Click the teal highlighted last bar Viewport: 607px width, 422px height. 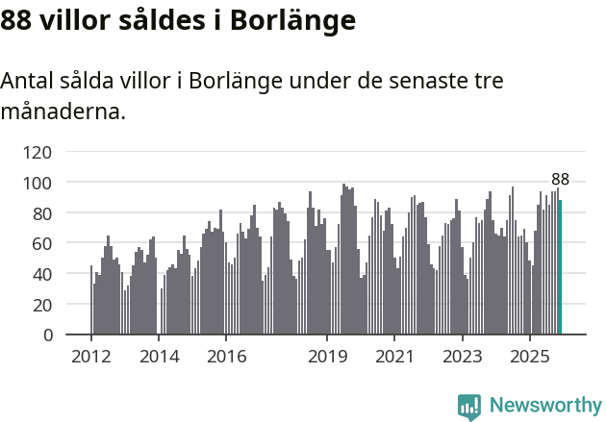[x=560, y=267]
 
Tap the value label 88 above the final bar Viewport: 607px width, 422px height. [x=560, y=180]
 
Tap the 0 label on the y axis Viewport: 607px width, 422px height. [x=47, y=335]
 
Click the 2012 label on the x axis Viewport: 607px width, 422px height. [x=91, y=357]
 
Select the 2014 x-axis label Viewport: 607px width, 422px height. [x=159, y=357]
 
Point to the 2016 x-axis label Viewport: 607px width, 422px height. [x=226, y=357]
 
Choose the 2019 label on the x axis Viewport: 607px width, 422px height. [x=327, y=357]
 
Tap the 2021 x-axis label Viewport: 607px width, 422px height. [x=394, y=357]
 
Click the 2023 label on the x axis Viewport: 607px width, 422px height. [x=462, y=357]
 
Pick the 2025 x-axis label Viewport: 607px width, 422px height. [x=529, y=357]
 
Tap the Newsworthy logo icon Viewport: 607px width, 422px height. [x=469, y=407]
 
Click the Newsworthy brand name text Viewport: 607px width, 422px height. [x=544, y=406]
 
